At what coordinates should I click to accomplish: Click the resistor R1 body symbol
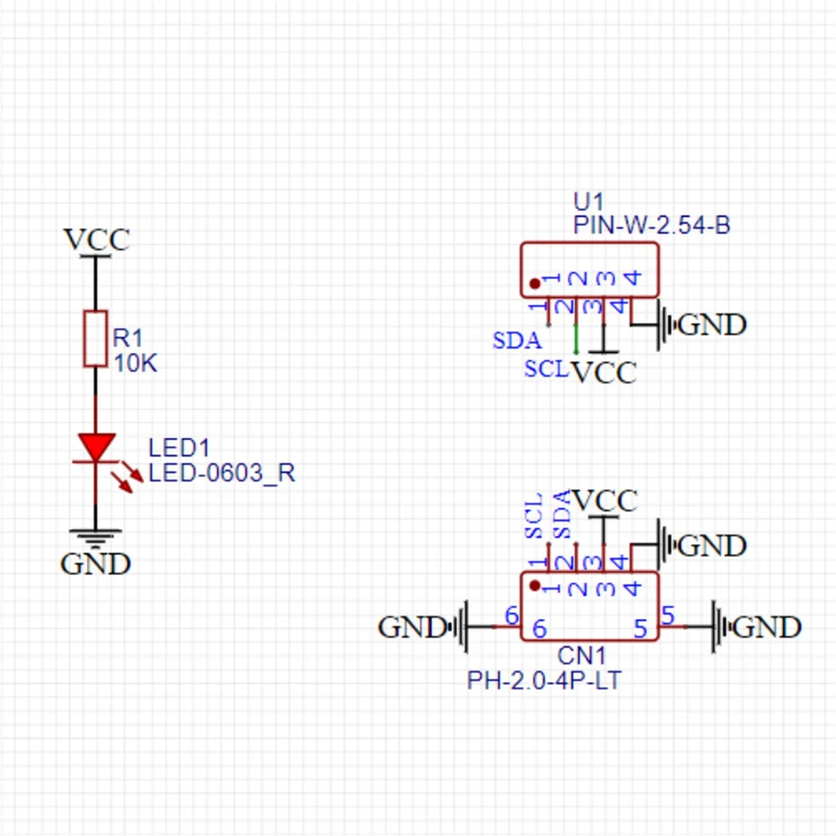pos(95,339)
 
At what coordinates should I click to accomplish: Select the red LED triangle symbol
pos(96,446)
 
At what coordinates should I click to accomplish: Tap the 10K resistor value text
pos(135,363)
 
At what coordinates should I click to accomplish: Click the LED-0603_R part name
pos(222,473)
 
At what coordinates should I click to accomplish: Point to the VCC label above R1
pos(96,240)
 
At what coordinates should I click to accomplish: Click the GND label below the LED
pos(95,564)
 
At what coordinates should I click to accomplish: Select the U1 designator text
pos(588,202)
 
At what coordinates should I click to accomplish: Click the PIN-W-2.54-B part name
pos(651,225)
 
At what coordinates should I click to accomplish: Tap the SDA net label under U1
pos(516,341)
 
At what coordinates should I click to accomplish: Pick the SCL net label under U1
pos(546,369)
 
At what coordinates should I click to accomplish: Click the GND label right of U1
pos(711,325)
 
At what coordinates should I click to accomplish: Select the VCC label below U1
pos(604,373)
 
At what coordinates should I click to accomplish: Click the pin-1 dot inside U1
pos(534,284)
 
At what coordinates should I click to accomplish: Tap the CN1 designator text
pos(582,656)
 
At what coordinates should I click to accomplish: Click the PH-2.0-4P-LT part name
pos(543,680)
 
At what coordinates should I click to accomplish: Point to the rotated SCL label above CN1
pos(534,516)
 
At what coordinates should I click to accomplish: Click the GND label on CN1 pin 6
pos(411,627)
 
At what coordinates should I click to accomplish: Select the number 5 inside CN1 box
pos(641,629)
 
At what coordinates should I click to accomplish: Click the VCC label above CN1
pos(605,501)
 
